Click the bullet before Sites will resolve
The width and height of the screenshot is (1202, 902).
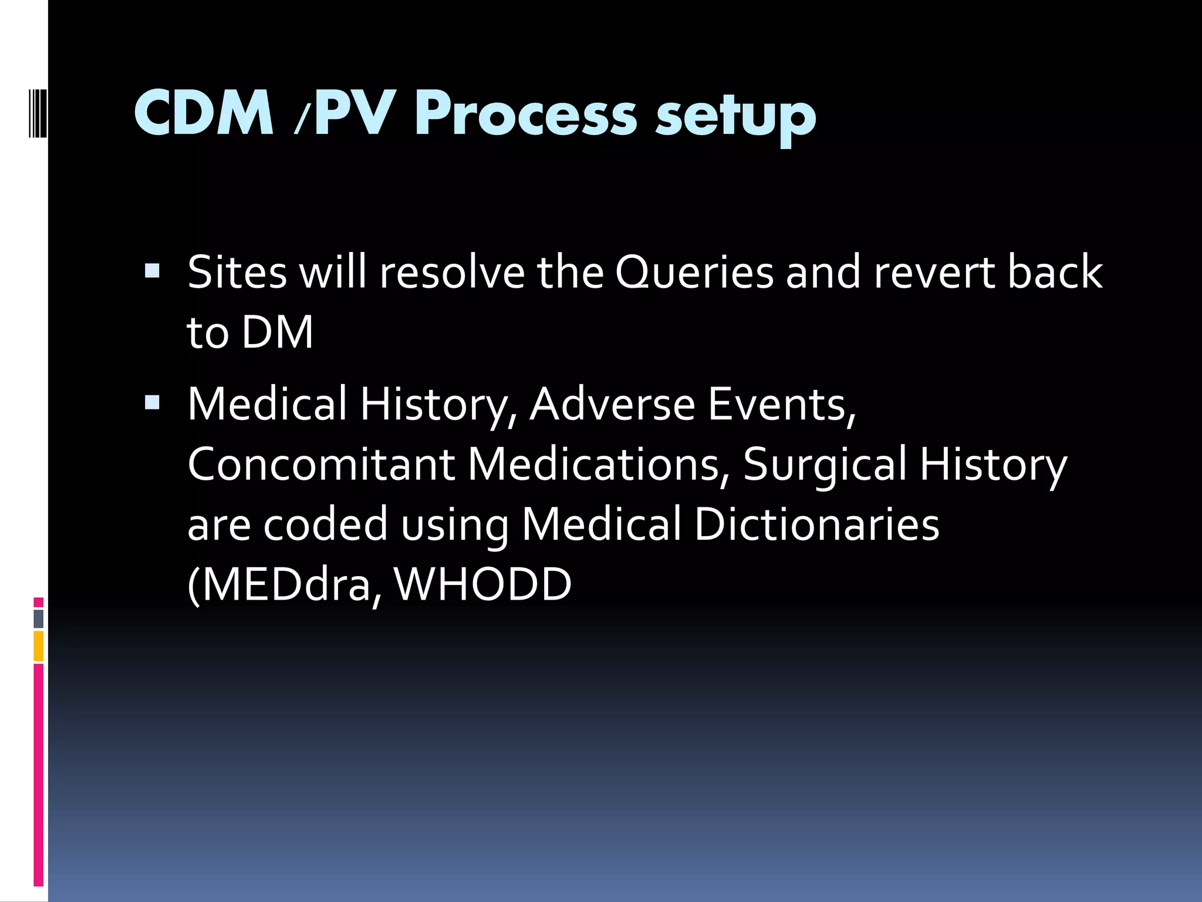pos(151,271)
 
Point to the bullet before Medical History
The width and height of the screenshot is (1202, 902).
pos(151,402)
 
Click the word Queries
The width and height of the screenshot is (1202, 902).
pos(694,272)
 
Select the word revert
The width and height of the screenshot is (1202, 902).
pos(934,272)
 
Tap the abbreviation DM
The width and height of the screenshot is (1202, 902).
pos(278,332)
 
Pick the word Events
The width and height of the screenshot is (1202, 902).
pos(781,405)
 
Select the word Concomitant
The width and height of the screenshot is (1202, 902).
pos(321,464)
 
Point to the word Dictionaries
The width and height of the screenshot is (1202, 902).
pos(816,524)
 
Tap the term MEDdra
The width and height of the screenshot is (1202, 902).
pos(285,585)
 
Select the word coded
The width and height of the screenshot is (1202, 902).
pos(326,524)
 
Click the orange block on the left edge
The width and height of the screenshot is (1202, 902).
pos(39,646)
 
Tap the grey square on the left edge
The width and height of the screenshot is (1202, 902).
pos(39,618)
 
